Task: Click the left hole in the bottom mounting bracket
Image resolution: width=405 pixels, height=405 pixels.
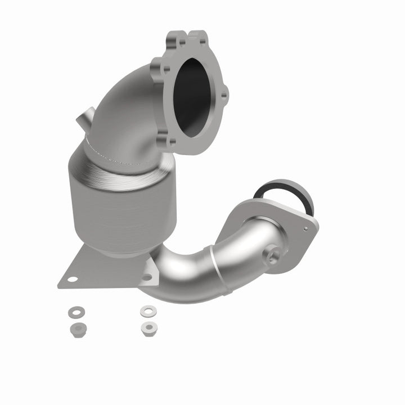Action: click(73, 278)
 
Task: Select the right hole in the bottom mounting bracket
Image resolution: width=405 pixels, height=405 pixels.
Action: click(147, 277)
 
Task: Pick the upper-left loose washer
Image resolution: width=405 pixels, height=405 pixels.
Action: click(75, 311)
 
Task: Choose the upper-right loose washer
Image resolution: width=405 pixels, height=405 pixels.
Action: click(147, 310)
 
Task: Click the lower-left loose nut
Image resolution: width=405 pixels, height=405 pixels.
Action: click(75, 327)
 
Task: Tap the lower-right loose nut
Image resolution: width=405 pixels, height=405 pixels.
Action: click(147, 327)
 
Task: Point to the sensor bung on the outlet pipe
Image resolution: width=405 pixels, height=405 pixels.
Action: click(273, 256)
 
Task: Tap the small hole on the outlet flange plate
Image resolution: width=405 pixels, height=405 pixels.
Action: click(306, 229)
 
